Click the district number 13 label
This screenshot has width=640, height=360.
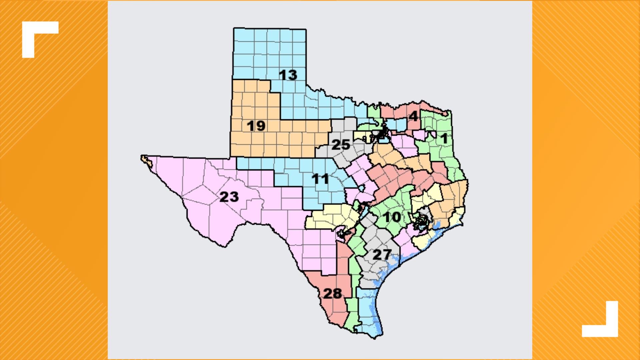(x=288, y=75)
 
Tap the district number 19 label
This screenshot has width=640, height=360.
(x=256, y=126)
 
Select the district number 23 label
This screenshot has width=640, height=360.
(x=229, y=197)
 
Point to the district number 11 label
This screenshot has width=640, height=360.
(x=320, y=179)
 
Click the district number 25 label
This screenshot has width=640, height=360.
(x=341, y=145)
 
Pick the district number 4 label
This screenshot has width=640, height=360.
(x=413, y=116)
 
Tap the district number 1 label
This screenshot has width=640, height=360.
(x=444, y=138)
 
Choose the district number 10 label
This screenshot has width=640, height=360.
(x=392, y=217)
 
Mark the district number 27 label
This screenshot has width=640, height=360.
(x=381, y=255)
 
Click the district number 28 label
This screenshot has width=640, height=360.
(x=333, y=294)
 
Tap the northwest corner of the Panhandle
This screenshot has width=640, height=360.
(x=234, y=29)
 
